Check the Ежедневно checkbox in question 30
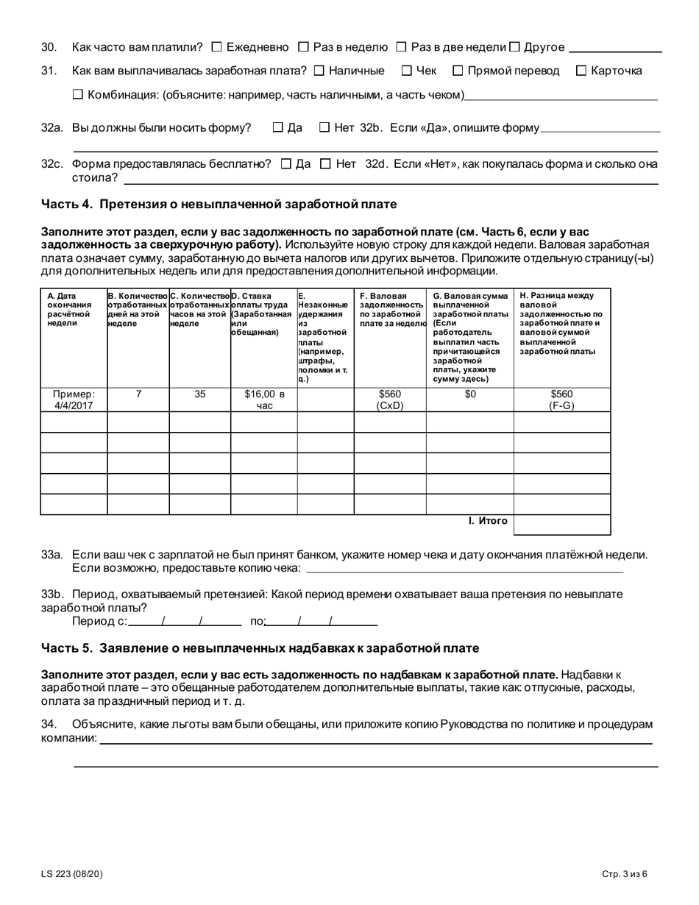(x=216, y=47)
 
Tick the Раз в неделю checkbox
(x=303, y=47)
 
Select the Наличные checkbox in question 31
(x=319, y=71)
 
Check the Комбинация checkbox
(x=78, y=94)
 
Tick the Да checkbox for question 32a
(x=277, y=127)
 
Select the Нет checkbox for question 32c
(x=325, y=163)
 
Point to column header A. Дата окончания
(x=68, y=310)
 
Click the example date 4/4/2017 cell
(x=74, y=400)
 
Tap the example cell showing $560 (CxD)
(x=389, y=400)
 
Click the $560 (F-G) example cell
(x=561, y=400)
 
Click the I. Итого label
(x=488, y=521)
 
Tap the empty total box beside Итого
(x=561, y=525)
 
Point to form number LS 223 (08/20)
(x=72, y=874)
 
